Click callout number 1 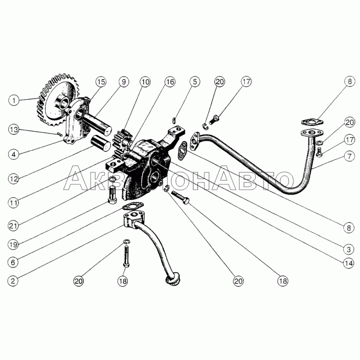[x=14, y=100]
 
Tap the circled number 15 [x=101, y=82]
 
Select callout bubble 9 [x=124, y=82]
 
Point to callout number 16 [x=170, y=82]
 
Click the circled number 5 [x=195, y=82]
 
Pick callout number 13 [x=14, y=130]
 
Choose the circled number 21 [x=13, y=226]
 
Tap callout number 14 [x=348, y=263]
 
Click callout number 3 [x=348, y=249]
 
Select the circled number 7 [x=350, y=156]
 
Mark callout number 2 [x=13, y=281]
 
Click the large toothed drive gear [x=58, y=100]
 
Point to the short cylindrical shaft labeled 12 [x=101, y=143]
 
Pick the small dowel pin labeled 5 [x=174, y=120]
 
